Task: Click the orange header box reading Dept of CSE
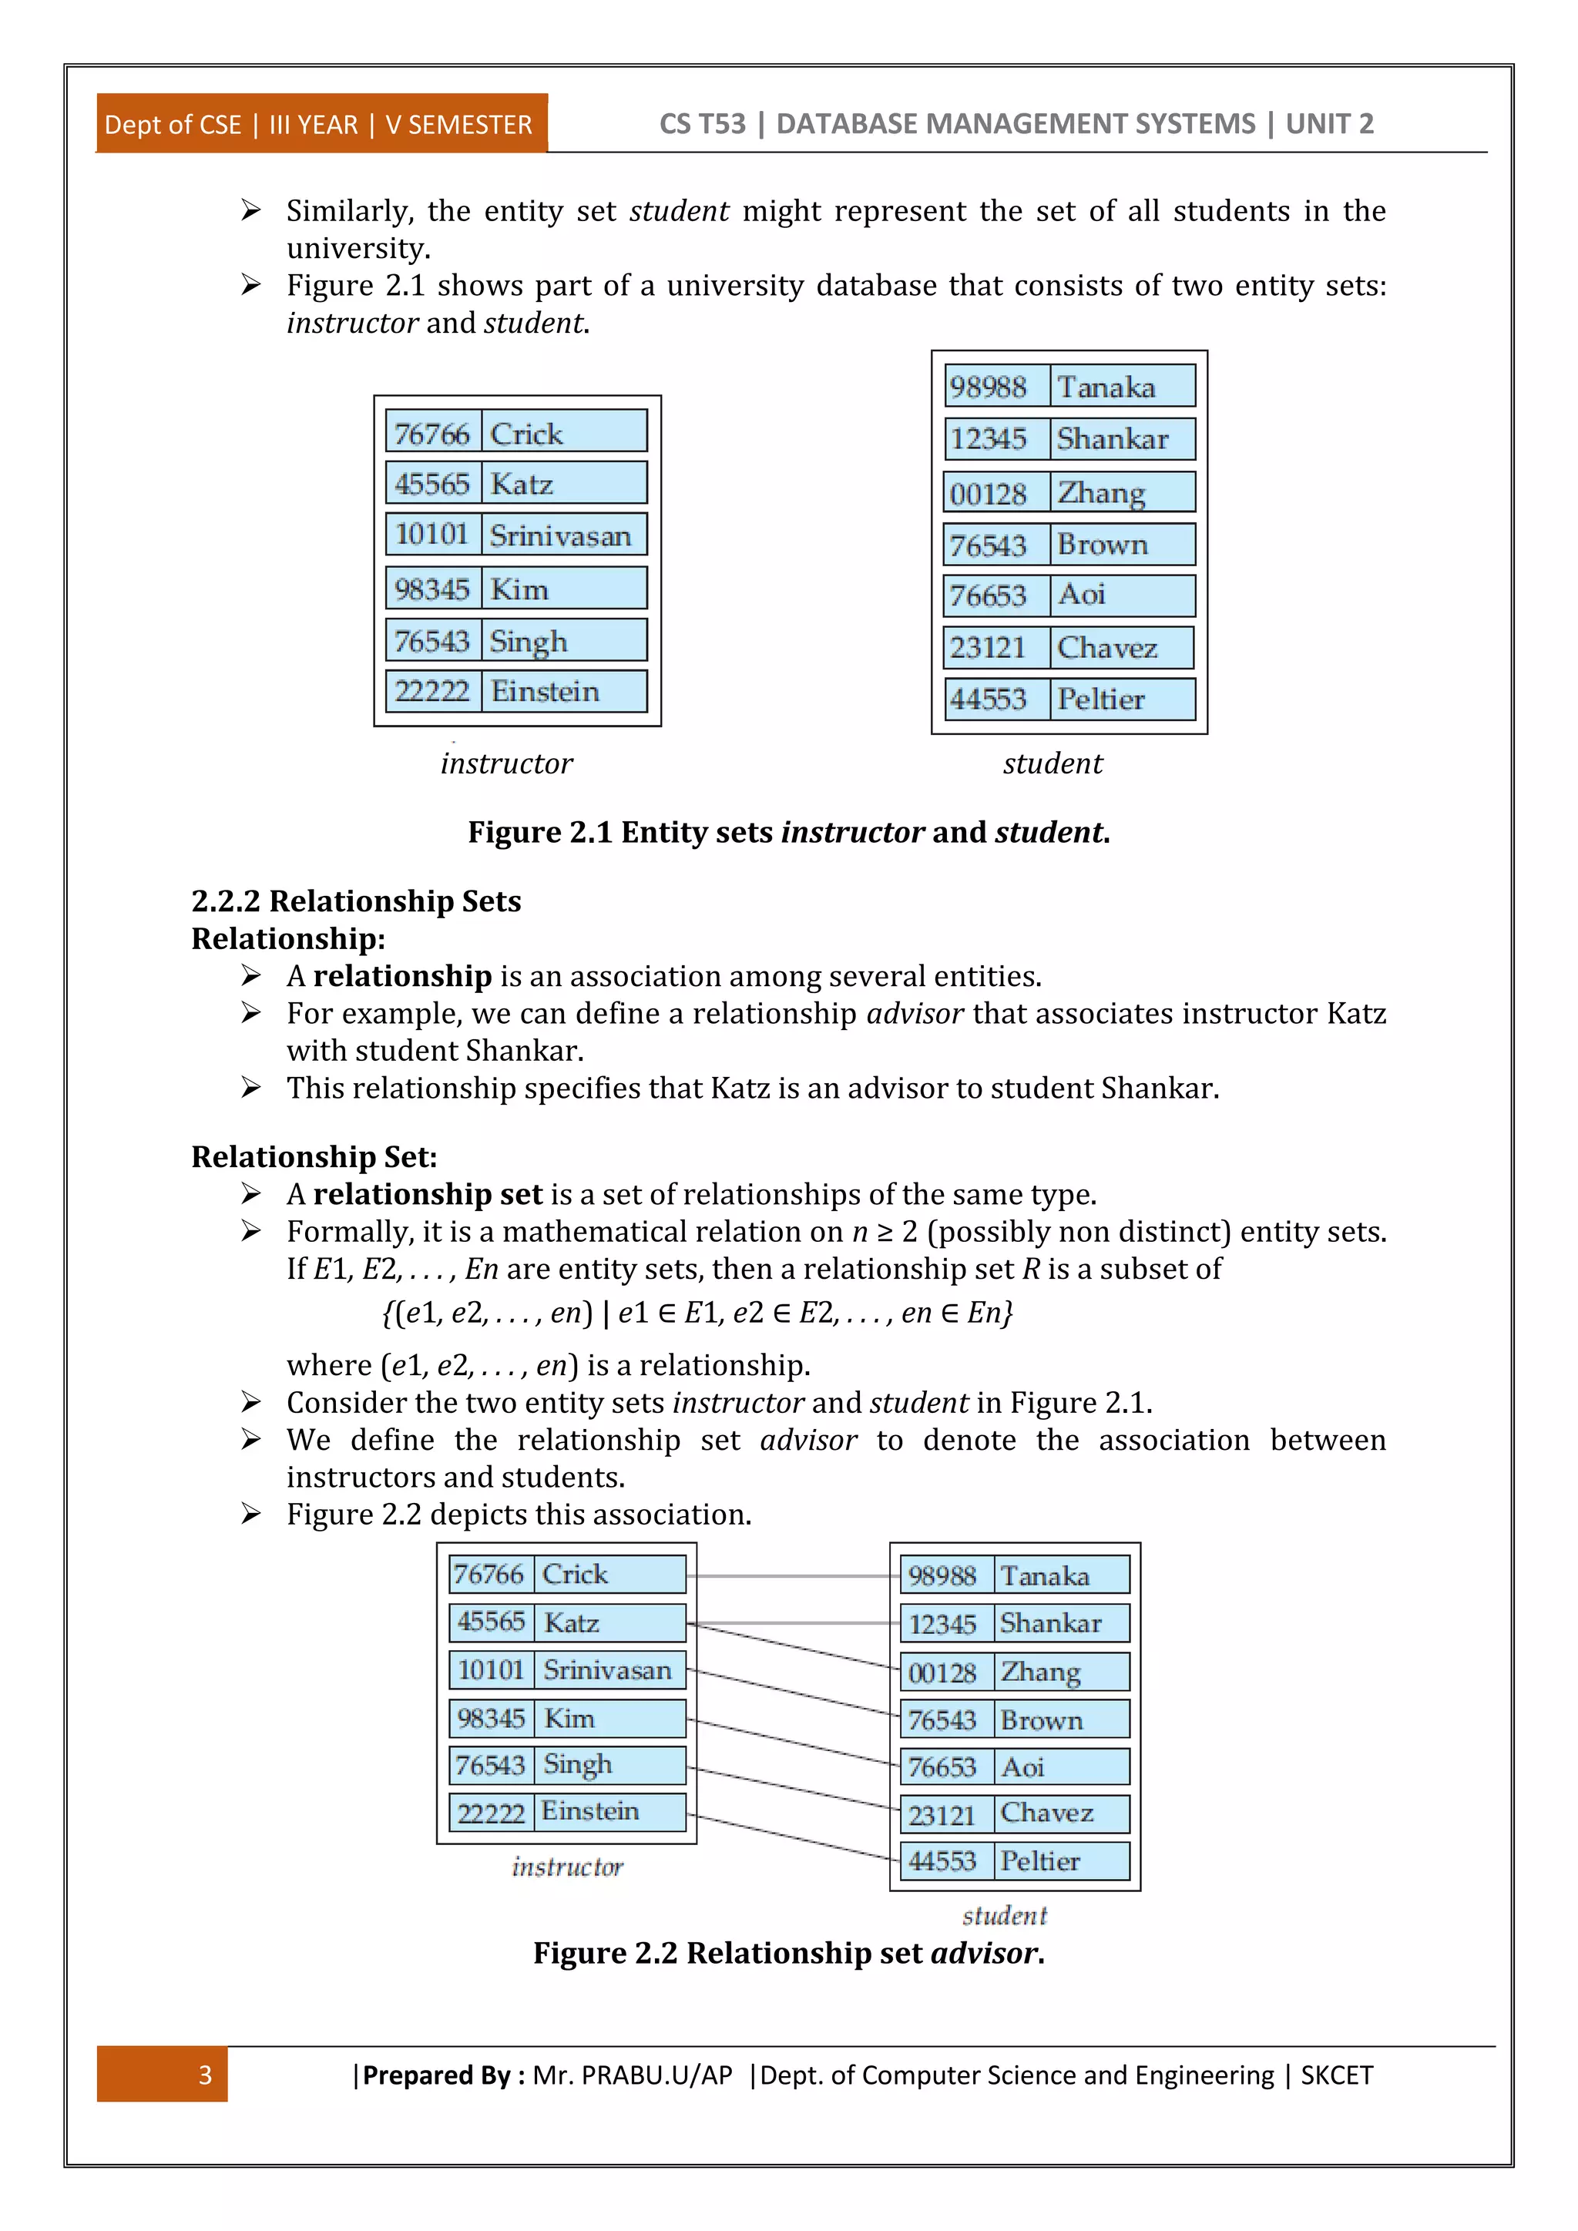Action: click(x=321, y=124)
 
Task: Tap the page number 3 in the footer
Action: click(x=205, y=2075)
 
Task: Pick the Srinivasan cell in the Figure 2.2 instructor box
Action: click(x=608, y=1669)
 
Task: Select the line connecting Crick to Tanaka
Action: click(x=792, y=1576)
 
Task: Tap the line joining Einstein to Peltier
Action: click(x=792, y=1837)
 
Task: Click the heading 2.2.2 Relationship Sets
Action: click(x=356, y=901)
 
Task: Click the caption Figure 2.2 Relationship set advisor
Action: click(x=788, y=1952)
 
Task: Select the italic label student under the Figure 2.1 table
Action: click(x=1053, y=763)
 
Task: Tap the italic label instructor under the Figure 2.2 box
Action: click(x=567, y=1867)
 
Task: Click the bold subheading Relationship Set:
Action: click(x=314, y=1156)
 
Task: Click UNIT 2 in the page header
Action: click(x=1328, y=124)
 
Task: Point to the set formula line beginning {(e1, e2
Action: click(x=697, y=1313)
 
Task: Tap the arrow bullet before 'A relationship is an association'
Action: click(x=250, y=975)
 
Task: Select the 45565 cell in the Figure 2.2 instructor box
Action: click(x=491, y=1621)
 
